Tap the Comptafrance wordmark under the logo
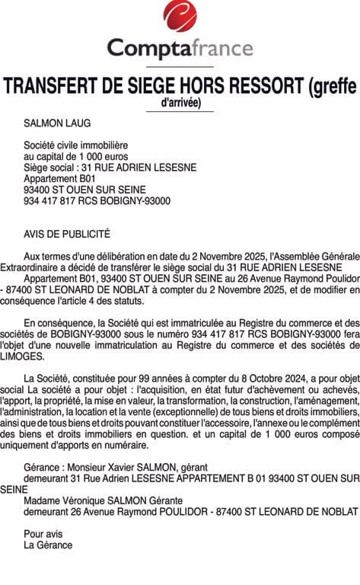click(180, 48)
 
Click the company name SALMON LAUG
click(57, 122)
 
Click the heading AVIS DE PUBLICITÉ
click(67, 235)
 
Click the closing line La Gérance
click(48, 545)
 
